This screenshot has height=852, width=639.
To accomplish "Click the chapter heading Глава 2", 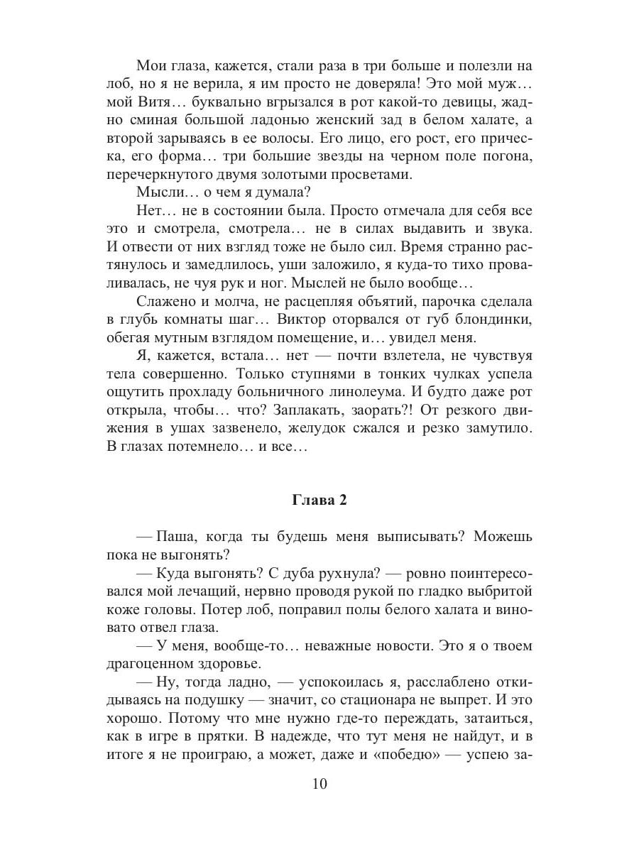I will (x=319, y=501).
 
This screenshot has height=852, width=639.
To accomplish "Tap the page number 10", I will (x=319, y=784).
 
